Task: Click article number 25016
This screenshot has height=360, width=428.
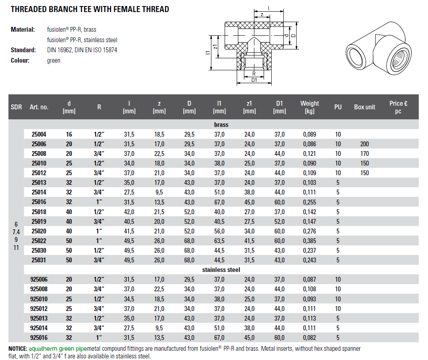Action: (39, 202)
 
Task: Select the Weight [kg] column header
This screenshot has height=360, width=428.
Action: (309, 107)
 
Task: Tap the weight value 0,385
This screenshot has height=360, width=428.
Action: (309, 241)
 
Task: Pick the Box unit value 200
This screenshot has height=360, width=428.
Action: (365, 144)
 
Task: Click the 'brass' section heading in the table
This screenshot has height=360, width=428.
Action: (221, 125)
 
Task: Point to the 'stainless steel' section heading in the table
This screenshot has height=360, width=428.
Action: (221, 270)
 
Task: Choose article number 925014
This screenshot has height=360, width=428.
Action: (39, 328)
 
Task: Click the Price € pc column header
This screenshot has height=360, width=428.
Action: (398, 107)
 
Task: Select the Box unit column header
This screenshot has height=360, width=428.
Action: (365, 107)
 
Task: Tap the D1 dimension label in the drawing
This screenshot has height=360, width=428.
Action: (254, 80)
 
